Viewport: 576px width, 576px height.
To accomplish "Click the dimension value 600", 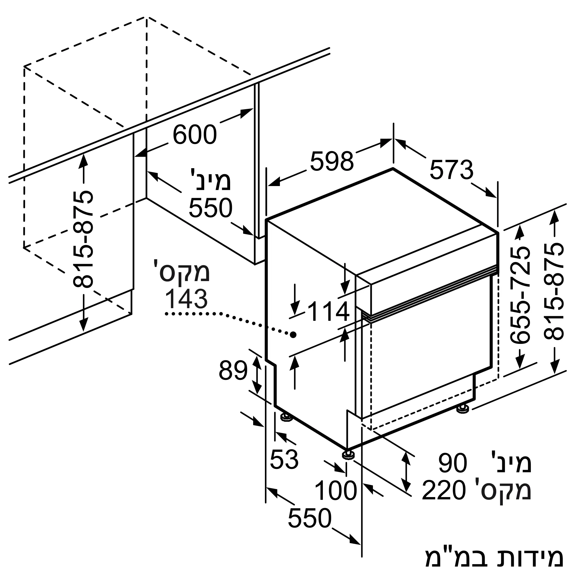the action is tap(195, 135).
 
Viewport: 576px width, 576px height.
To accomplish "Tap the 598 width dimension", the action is tap(331, 162).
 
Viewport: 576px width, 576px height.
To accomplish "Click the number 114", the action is tap(329, 312).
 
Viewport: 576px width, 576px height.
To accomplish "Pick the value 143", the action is tap(186, 299).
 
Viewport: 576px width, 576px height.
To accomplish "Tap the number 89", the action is tap(233, 371).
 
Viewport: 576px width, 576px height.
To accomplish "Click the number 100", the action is tap(336, 491).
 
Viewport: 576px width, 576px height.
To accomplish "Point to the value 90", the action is tap(452, 463).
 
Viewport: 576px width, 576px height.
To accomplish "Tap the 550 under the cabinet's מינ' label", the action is tap(211, 208).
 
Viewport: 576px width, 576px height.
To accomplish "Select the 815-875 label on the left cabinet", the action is tap(83, 240).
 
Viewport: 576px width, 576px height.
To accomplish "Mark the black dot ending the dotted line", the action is tap(293, 334).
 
